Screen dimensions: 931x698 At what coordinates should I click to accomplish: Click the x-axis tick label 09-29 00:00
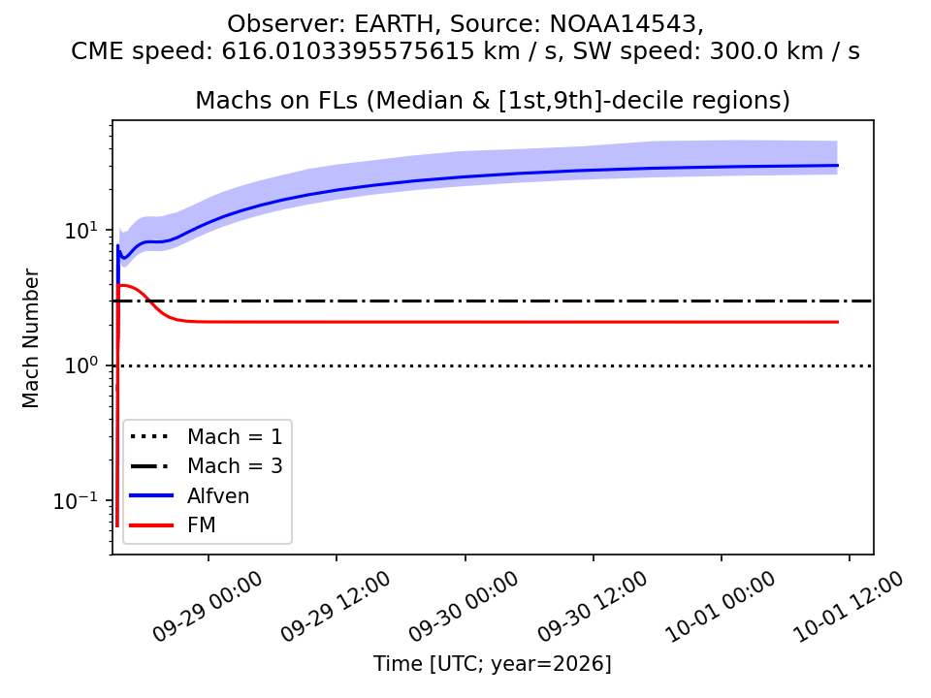tap(208, 607)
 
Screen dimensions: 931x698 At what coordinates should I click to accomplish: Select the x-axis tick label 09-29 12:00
tap(336, 607)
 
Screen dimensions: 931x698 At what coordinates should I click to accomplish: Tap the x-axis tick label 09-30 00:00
tap(464, 607)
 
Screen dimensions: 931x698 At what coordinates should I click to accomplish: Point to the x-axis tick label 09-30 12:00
tap(592, 607)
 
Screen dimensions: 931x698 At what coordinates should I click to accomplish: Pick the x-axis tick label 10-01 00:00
tap(721, 607)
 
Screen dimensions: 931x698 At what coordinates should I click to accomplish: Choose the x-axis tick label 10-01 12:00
tap(849, 607)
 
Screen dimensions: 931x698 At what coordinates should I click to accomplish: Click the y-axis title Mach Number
tap(30, 338)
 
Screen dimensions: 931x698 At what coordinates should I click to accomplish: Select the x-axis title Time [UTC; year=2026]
tap(493, 663)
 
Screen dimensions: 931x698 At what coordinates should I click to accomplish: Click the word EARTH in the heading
tap(395, 23)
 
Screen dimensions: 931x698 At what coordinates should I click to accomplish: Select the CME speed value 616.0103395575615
tap(348, 51)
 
